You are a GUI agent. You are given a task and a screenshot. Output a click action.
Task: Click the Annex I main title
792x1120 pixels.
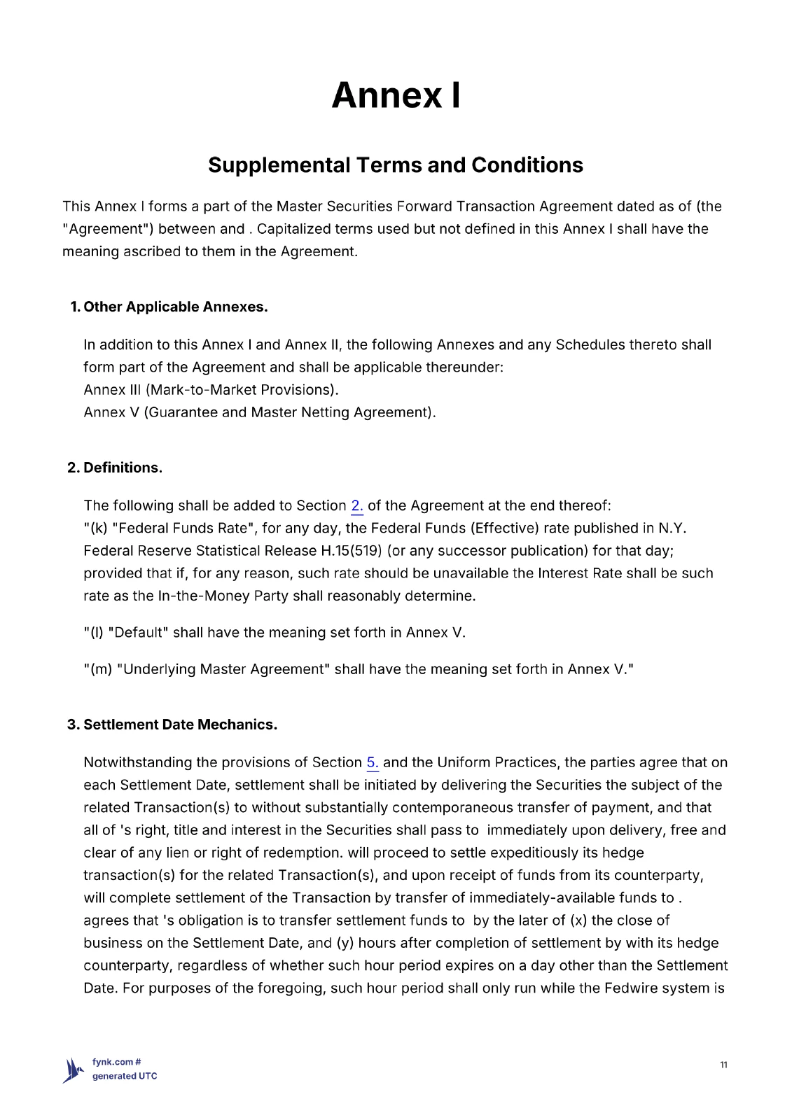[396, 95]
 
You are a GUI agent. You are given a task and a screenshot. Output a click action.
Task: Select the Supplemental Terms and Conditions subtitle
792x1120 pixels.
[396, 165]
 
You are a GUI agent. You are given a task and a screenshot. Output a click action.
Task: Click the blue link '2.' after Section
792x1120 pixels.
[357, 505]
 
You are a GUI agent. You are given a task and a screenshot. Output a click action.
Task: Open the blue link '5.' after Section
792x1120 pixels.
[373, 762]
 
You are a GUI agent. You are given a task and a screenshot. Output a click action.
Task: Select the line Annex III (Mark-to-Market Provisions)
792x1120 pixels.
[211, 390]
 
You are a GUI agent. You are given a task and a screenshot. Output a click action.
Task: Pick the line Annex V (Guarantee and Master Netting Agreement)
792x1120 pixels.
[260, 412]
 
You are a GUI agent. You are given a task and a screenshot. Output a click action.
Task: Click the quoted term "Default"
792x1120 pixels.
[138, 633]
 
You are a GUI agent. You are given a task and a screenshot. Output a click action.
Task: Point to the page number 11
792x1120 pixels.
[723, 1065]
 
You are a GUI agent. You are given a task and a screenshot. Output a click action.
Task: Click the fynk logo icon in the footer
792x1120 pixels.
[74, 1070]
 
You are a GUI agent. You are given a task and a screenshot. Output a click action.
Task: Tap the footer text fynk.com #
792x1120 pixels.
[117, 1062]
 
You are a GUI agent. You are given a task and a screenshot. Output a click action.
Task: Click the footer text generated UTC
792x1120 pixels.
[125, 1077]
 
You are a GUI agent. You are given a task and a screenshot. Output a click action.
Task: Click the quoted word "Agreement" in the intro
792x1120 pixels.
[108, 229]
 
